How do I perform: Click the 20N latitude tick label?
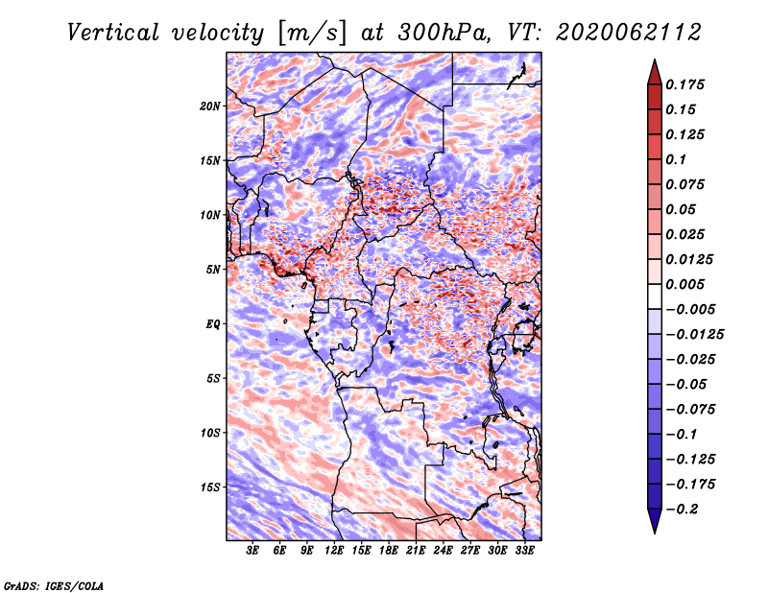tap(210, 107)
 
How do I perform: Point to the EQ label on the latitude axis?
tap(213, 324)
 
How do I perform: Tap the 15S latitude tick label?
tap(210, 487)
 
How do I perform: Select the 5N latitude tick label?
tap(213, 270)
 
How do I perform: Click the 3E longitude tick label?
tap(252, 551)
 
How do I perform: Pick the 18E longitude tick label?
tap(389, 551)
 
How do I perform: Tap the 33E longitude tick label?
tap(524, 551)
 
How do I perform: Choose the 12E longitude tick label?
tap(334, 551)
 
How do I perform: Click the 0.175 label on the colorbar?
tap(684, 84)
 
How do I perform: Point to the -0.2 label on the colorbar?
tap(682, 510)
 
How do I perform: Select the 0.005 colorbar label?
tap(684, 284)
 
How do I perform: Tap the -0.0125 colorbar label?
tap(694, 335)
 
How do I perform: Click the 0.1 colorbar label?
tap(676, 159)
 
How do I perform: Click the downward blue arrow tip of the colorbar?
tap(655, 533)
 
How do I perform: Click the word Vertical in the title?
tap(113, 33)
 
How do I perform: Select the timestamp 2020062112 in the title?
tap(629, 33)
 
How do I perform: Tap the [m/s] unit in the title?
tap(313, 34)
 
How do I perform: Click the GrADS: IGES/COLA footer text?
tap(54, 585)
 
